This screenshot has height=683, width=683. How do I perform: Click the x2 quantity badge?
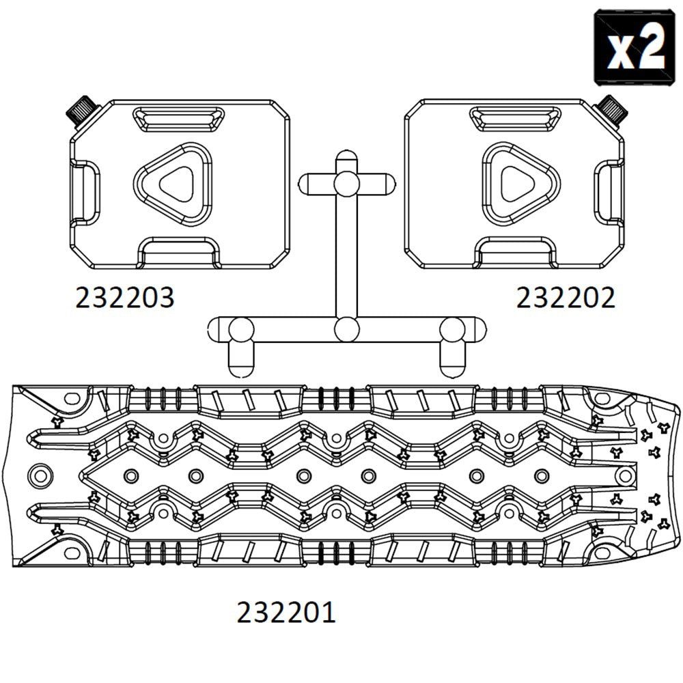635,48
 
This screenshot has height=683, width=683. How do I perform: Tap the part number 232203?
124,298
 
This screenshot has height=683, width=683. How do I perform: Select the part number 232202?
566,298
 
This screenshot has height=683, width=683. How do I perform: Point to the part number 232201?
286,612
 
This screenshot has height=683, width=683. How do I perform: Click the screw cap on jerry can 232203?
83,111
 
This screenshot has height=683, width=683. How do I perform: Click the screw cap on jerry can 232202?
611,111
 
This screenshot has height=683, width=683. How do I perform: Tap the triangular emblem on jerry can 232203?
173,184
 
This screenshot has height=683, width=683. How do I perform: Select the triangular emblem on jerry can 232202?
521,184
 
